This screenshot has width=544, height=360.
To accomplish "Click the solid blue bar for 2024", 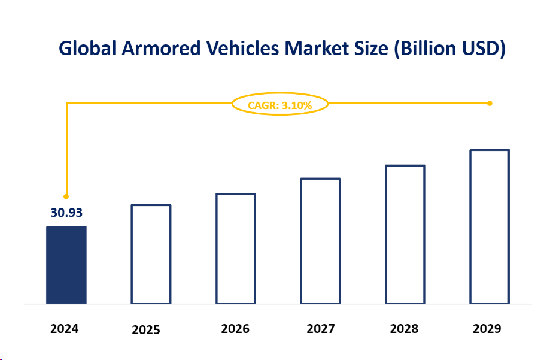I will [66, 265].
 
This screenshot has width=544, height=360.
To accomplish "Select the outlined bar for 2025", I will [151, 254].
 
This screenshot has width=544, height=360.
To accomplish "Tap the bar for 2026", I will [235, 249].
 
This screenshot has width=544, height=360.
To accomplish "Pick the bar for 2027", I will [320, 241].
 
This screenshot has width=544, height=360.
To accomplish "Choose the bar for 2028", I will [405, 234].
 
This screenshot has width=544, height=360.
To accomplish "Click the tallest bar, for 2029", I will [490, 226].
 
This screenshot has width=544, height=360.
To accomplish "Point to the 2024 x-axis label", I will [65, 329].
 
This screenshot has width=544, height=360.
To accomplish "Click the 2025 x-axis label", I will [146, 330].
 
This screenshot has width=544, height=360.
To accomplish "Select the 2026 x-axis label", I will [235, 329].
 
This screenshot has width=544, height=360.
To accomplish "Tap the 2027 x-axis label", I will [321, 329].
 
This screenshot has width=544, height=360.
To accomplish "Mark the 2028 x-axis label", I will [404, 329].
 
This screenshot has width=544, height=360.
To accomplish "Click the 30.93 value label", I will [66, 213].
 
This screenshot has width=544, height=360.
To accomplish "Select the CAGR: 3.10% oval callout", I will [280, 105].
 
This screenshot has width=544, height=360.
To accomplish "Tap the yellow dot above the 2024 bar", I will [66, 196].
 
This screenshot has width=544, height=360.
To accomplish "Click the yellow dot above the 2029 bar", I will [490, 104].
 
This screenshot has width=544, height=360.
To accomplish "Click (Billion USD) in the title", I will [449, 49].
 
